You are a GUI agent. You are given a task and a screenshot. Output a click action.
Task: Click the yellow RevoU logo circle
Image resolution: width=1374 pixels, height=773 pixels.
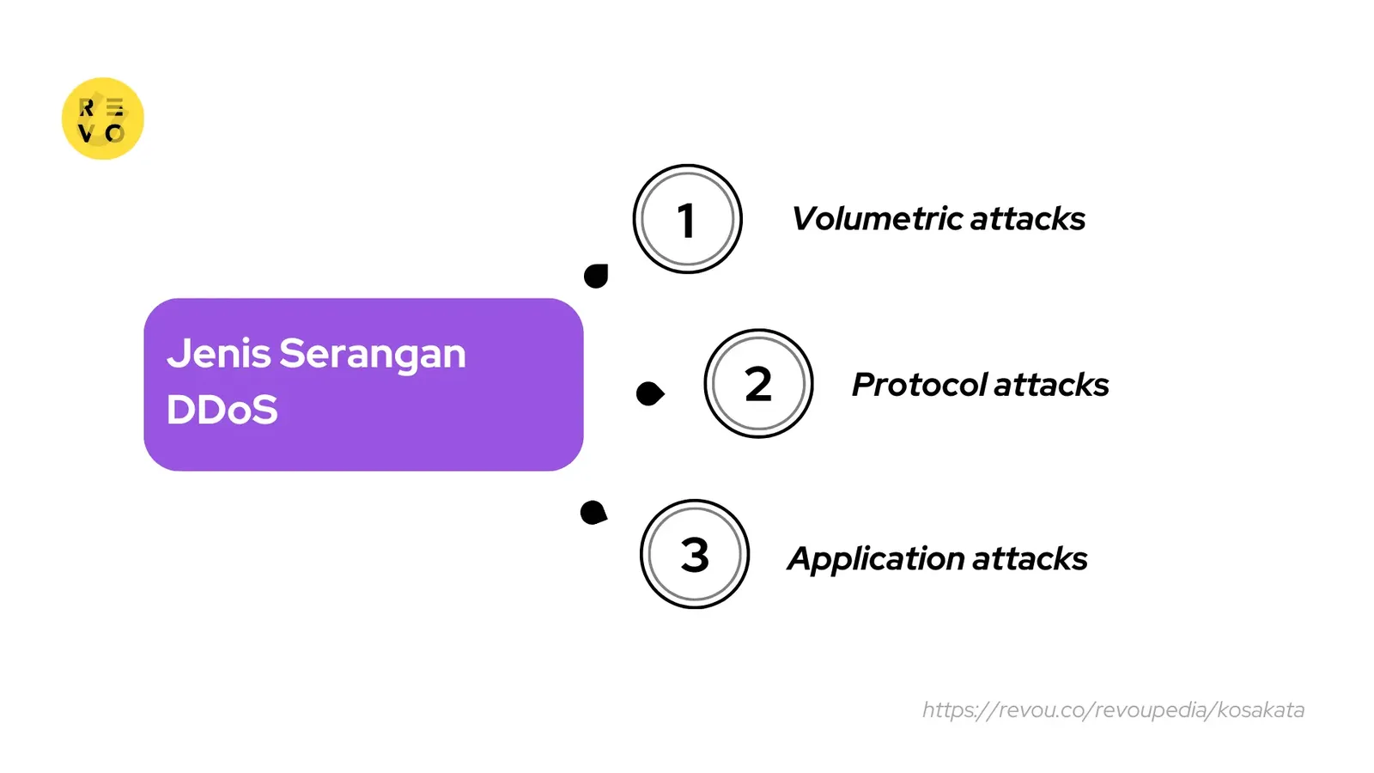[x=102, y=119]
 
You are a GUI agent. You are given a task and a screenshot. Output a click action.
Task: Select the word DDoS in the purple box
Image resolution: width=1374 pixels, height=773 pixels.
[x=222, y=410]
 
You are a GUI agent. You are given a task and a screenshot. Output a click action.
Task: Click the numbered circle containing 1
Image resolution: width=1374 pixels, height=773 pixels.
[x=687, y=219]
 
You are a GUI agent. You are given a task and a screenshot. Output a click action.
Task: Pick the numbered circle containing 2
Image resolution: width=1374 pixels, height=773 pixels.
[x=758, y=383]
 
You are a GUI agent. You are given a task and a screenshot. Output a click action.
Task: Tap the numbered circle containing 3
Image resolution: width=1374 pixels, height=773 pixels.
[x=695, y=554]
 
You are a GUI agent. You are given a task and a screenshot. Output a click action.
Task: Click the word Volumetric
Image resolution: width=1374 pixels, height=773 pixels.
[x=877, y=219]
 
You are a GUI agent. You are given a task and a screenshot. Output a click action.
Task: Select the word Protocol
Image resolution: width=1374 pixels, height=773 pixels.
[x=919, y=385]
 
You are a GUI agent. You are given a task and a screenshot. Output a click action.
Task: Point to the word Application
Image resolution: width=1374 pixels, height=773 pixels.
[x=876, y=560]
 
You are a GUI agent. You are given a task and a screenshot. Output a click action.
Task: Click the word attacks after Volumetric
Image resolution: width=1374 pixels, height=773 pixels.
[x=1028, y=219]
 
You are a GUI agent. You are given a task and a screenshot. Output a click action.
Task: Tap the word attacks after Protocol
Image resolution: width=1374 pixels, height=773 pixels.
[x=1051, y=385]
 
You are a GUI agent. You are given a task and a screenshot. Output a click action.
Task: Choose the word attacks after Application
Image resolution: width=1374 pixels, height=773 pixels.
[x=1030, y=559]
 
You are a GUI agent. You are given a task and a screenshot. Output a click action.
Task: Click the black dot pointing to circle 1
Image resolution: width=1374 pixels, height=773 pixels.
[x=596, y=276]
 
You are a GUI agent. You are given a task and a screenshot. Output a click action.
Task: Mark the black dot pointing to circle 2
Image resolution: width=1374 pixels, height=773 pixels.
[x=650, y=393]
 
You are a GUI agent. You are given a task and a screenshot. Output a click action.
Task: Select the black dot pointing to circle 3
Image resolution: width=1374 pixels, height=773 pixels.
[x=593, y=513]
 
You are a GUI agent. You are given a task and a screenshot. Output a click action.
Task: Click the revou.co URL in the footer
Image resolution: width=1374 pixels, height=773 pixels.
[x=1113, y=710]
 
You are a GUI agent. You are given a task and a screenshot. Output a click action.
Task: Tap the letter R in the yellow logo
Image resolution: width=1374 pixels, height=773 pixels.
[x=87, y=107]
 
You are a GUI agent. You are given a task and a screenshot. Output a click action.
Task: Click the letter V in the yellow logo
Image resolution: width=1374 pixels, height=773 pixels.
[x=86, y=133]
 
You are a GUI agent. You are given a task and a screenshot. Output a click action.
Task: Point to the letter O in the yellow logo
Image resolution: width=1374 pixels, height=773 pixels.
[x=114, y=133]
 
